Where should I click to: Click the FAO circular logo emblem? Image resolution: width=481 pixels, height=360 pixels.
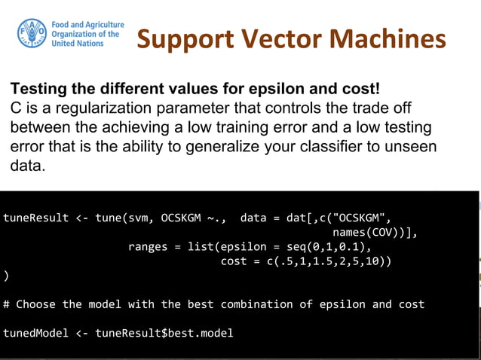click(32, 34)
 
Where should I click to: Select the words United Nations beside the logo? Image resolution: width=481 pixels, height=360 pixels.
click(83, 44)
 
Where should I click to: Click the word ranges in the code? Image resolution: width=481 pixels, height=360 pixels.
click(149, 247)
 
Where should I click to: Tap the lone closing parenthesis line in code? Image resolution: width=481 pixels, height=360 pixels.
click(6, 276)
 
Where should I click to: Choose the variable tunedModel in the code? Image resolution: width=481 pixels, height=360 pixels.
click(35, 333)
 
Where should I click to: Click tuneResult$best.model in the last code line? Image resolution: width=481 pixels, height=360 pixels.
click(164, 333)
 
